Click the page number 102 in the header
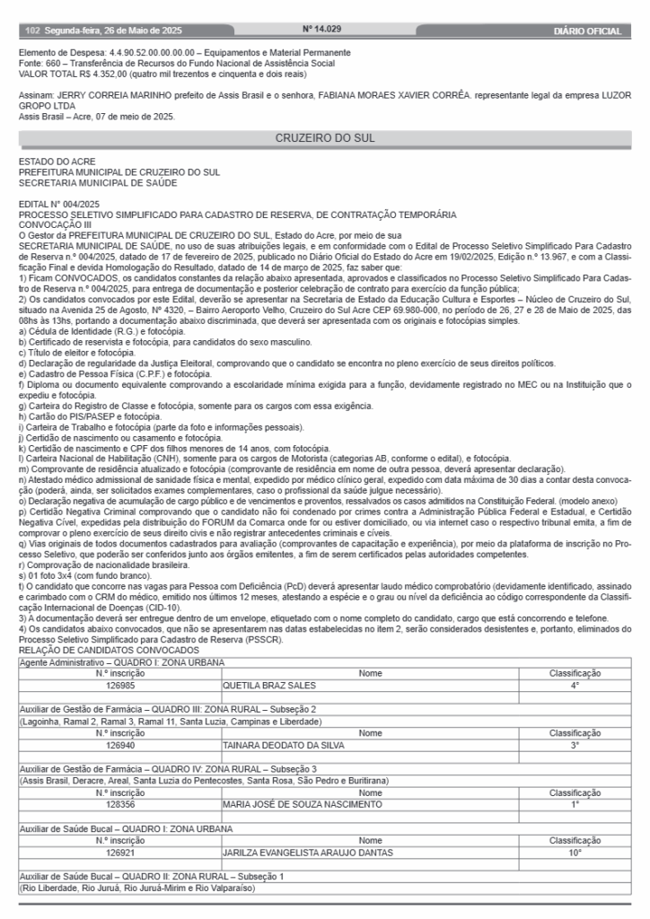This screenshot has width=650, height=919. point(33,31)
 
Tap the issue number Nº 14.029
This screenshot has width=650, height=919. point(322,30)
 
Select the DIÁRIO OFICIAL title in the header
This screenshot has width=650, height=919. point(588,31)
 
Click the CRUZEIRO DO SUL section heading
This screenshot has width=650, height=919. point(324,138)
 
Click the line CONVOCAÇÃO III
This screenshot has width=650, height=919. point(57,224)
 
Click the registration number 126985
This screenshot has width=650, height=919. point(120,685)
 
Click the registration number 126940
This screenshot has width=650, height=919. point(120,744)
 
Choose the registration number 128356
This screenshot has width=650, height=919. point(120,803)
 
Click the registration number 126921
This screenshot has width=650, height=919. point(120,852)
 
